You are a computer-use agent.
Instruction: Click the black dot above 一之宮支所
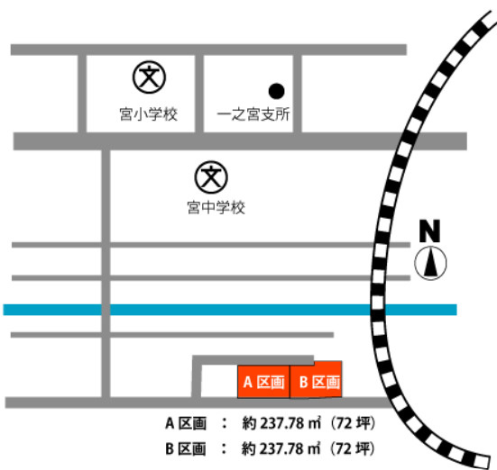(277, 90)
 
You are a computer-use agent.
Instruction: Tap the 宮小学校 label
(149, 114)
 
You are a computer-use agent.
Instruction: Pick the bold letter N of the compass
(431, 230)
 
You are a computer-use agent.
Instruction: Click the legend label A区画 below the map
(186, 422)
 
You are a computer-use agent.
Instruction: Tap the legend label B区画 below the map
(186, 447)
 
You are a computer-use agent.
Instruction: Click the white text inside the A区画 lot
(263, 383)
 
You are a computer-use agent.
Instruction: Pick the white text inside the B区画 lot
(319, 383)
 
